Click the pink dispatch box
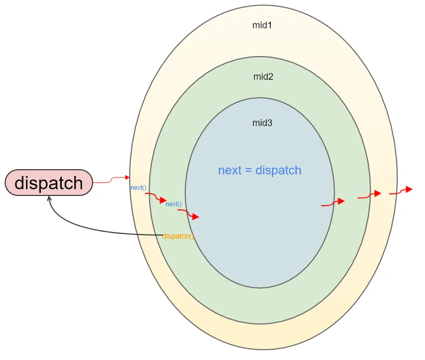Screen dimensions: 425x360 click(49, 183)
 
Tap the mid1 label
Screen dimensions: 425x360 click(262, 25)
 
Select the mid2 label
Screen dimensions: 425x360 click(263, 77)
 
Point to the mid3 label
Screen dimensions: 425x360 click(262, 123)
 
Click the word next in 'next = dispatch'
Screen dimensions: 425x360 click(230, 170)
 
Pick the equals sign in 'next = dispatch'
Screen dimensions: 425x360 click(249, 171)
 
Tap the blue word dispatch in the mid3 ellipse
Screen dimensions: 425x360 click(278, 170)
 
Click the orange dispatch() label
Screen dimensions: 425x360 click(178, 236)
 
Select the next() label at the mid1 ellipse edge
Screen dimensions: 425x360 click(138, 187)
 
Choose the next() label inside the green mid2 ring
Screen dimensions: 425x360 click(173, 204)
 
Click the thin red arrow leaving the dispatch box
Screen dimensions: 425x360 click(111, 179)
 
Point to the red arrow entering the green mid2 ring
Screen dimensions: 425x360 click(155, 197)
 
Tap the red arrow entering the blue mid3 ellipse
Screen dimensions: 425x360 click(188, 213)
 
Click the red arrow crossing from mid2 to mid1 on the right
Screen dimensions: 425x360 click(369, 195)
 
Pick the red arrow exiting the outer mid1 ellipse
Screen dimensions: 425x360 click(401, 191)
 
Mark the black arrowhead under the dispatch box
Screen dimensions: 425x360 click(49, 199)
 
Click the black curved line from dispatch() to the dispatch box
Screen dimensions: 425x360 click(90, 228)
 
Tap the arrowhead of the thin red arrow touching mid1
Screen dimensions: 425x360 click(128, 177)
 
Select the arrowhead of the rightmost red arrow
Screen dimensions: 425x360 click(409, 189)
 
